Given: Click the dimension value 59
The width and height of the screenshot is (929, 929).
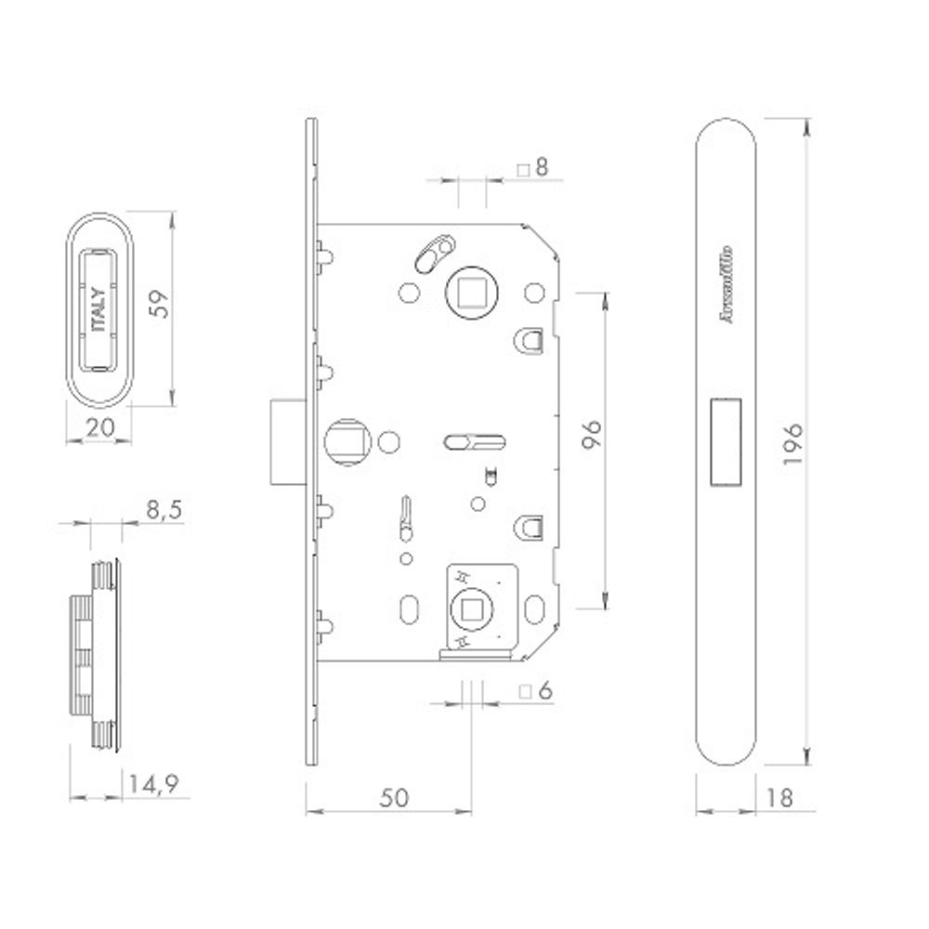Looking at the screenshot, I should [x=159, y=307].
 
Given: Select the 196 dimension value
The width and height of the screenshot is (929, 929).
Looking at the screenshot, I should [x=792, y=437].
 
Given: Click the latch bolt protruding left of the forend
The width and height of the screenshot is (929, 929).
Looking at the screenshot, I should [x=280, y=441].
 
